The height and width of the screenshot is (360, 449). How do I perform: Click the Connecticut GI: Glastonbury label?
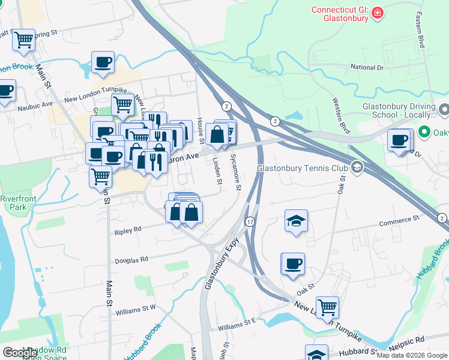pos(339,14)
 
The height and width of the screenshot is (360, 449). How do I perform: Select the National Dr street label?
pos(367,68)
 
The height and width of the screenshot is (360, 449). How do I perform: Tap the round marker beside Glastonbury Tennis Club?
pos(357,167)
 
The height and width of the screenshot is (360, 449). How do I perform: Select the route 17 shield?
pos(250,222)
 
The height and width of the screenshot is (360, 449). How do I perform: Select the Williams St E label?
pos(237,325)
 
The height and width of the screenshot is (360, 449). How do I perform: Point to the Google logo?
pos(19,352)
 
